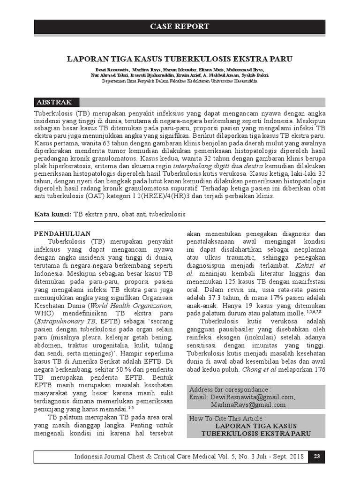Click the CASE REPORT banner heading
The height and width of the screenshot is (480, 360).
pyautogui.click(x=180, y=27)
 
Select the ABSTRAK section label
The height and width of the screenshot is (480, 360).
pyautogui.click(x=54, y=102)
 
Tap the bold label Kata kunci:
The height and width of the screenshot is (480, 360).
pyautogui.click(x=53, y=214)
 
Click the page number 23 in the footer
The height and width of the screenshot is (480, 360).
pyautogui.click(x=316, y=457)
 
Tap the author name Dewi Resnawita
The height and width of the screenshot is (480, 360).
pyautogui.click(x=108, y=70)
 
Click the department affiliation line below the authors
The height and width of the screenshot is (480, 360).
pyautogui.click(x=180, y=81)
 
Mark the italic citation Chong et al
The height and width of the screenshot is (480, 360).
pyautogui.click(x=256, y=368)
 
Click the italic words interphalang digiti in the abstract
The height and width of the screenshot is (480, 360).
pyautogui.click(x=199, y=165)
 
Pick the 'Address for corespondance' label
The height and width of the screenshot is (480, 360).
pyautogui.click(x=230, y=390)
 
